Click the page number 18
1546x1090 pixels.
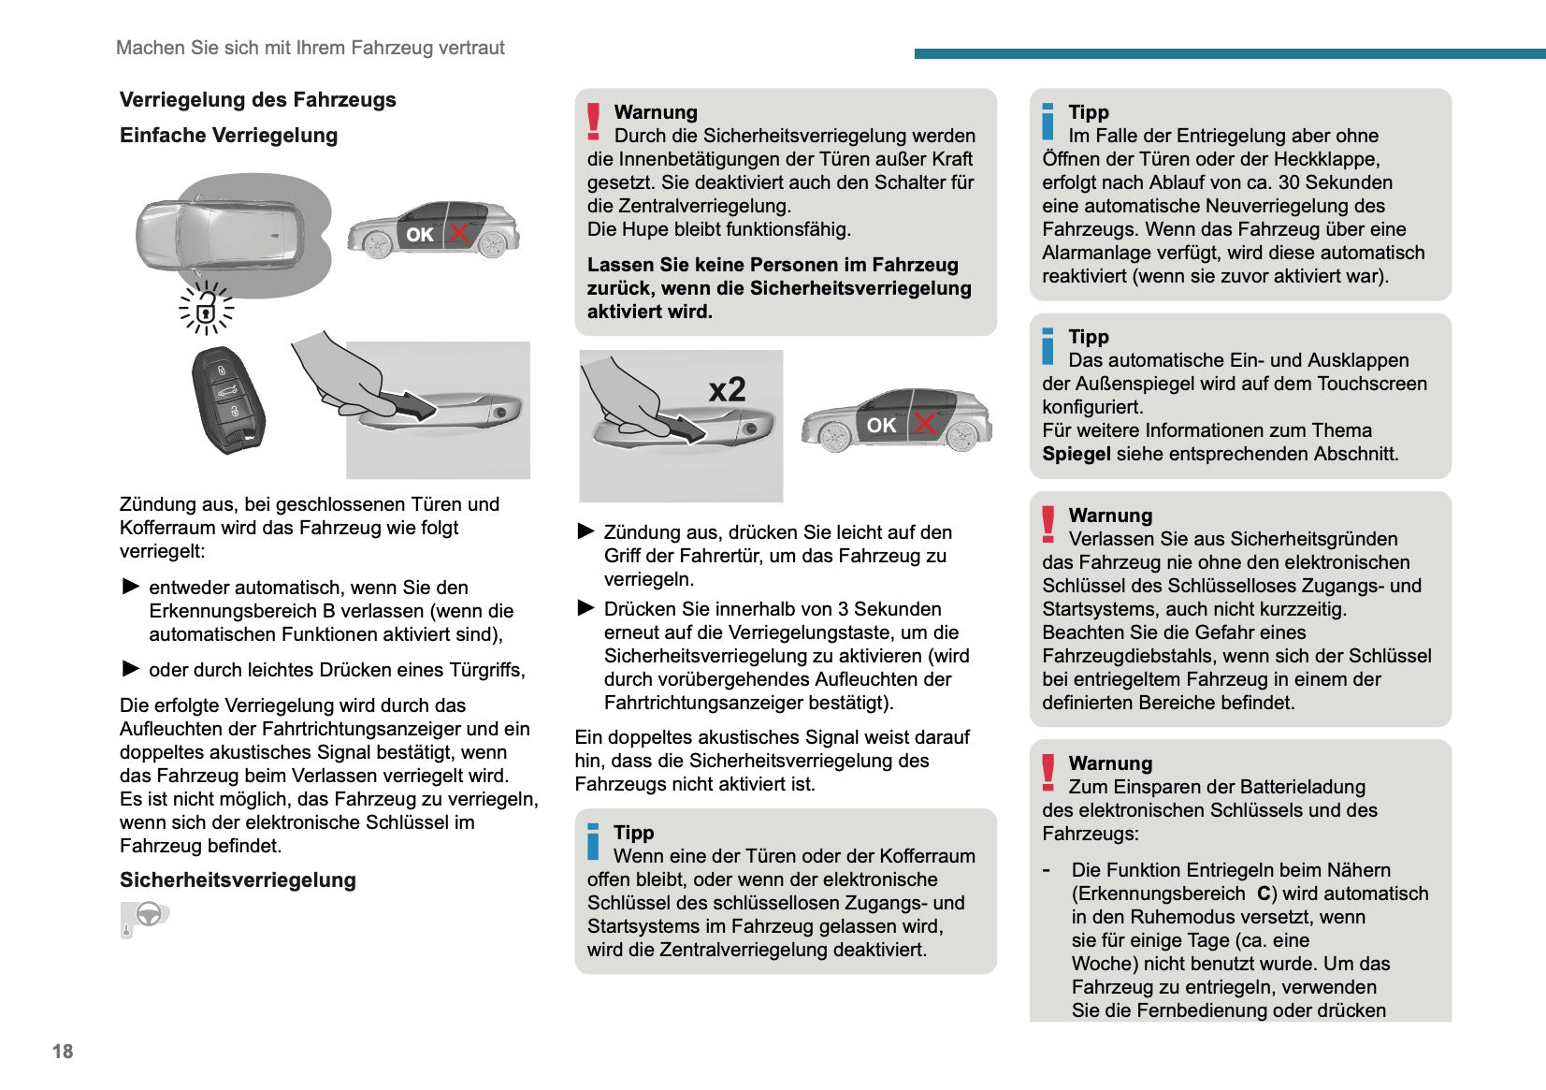[x=63, y=1051]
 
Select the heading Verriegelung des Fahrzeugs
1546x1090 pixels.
[x=257, y=100]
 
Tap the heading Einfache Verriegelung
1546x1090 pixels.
[x=228, y=136]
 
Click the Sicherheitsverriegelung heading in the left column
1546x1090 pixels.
[x=238, y=880]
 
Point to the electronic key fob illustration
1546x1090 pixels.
[x=227, y=400]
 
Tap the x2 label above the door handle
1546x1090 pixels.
[x=727, y=389]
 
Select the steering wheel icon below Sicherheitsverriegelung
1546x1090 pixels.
[x=147, y=915]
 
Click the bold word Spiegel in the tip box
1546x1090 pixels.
[x=1076, y=455]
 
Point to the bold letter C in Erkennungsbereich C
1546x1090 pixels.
[x=1264, y=894]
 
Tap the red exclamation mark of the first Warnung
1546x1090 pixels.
[x=593, y=122]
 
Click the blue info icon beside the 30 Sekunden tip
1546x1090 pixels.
[x=1048, y=122]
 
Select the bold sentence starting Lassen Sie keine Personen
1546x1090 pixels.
[x=779, y=288]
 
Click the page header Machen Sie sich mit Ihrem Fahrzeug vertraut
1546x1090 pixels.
[x=310, y=48]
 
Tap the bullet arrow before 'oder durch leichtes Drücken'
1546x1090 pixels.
[x=131, y=669]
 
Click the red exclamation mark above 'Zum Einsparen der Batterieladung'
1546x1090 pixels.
[x=1048, y=773]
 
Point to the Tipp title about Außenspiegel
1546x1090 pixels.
[x=1089, y=337]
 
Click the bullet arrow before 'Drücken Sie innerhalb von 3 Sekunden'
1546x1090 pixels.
[x=586, y=608]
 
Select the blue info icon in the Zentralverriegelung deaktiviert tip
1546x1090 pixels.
[x=593, y=842]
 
